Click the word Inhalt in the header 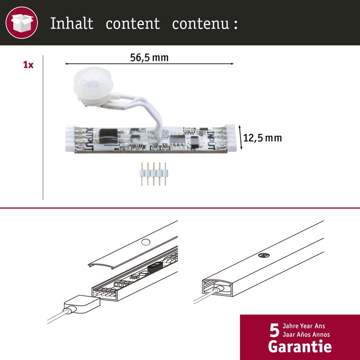click(x=71, y=23)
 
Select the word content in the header click(x=132, y=23)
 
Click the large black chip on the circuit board click(x=107, y=135)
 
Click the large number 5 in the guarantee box click(x=273, y=332)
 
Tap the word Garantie click(x=299, y=345)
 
